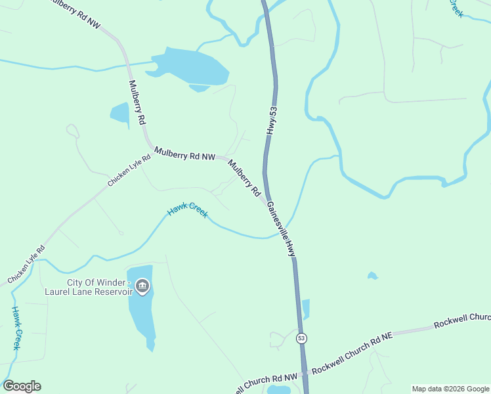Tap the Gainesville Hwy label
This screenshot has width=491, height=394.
[282, 229]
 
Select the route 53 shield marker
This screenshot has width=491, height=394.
[301, 338]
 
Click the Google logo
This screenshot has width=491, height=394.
[22, 386]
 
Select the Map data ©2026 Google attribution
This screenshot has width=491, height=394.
[450, 389]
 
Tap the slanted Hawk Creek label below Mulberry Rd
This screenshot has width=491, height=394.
[188, 210]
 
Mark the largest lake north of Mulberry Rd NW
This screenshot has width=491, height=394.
[190, 67]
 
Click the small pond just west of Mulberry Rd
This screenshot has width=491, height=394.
[120, 113]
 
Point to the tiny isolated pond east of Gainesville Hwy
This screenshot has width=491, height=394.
[373, 276]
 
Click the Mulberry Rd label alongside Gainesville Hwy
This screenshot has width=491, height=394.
[245, 178]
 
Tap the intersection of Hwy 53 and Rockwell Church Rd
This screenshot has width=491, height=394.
[304, 372]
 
